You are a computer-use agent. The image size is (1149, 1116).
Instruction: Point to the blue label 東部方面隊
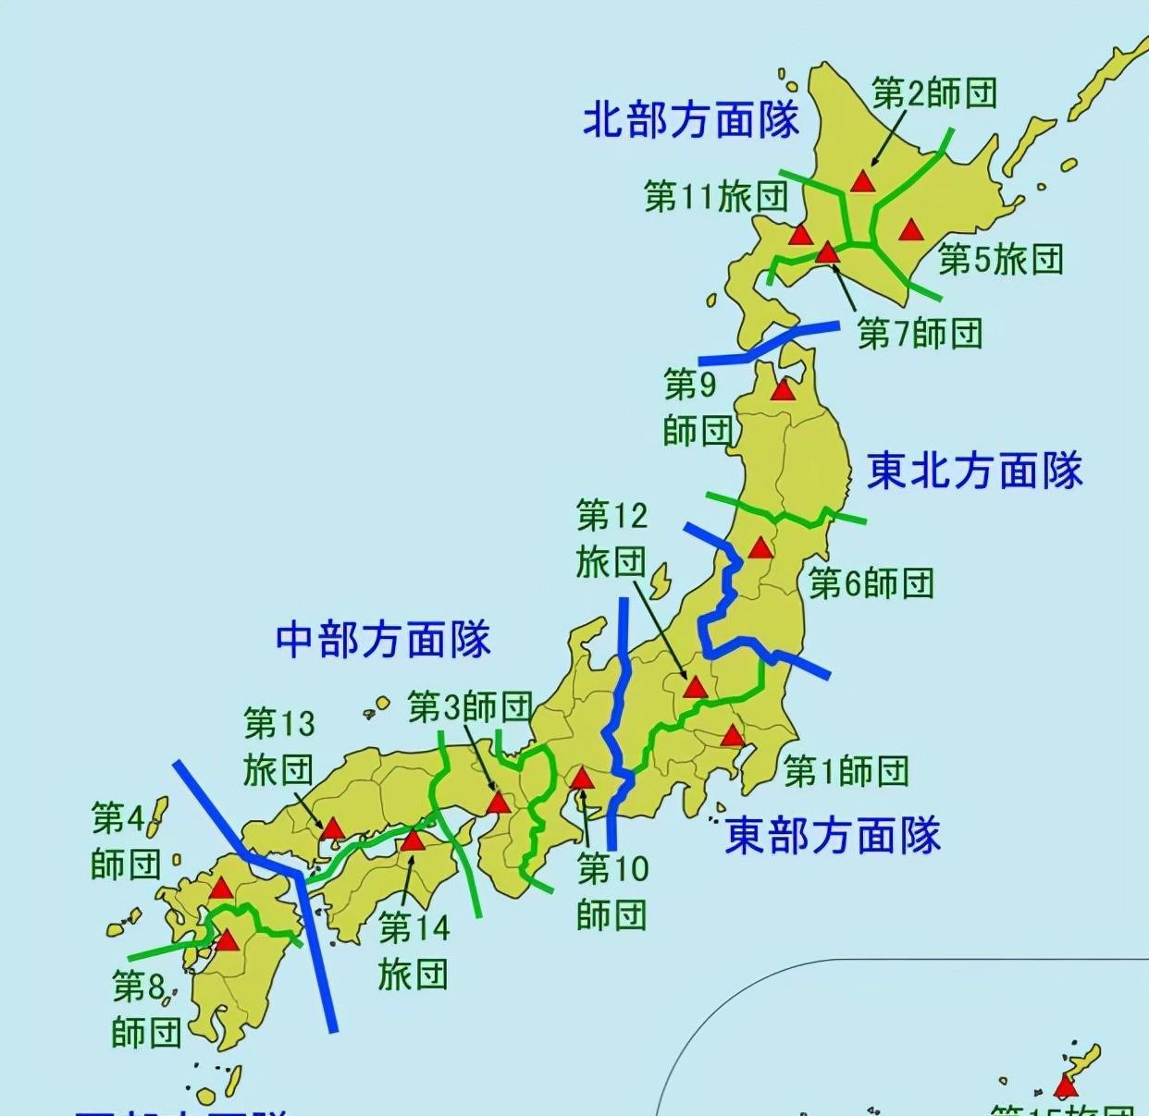833,835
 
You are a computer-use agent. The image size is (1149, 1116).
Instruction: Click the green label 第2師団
934,93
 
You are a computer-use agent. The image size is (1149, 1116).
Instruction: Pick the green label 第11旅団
716,196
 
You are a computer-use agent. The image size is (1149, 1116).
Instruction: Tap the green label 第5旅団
1000,260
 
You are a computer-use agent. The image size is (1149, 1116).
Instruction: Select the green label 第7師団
920,333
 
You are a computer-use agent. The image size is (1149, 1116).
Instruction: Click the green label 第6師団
871,583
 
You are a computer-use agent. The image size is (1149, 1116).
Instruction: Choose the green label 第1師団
846,770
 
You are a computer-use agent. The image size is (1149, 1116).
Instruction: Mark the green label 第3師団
470,708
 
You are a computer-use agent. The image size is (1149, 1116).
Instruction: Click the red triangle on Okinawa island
1066,1086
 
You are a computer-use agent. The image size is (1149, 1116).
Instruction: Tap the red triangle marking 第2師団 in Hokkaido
862,180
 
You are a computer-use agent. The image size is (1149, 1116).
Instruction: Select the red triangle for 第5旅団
911,229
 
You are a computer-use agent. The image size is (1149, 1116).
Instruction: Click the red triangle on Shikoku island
412,840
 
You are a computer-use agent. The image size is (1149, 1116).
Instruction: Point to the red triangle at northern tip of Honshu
784,390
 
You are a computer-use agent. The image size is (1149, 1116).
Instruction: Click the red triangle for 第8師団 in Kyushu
227,941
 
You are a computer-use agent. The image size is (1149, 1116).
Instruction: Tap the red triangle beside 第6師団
760,548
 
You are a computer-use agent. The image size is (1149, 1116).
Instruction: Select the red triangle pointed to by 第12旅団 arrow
695,688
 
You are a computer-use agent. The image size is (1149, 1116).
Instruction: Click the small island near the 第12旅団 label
660,583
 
